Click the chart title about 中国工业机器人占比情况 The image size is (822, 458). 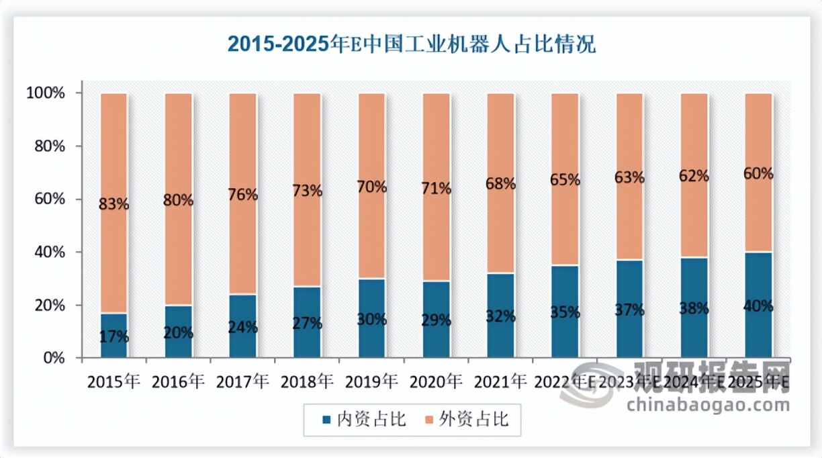411,44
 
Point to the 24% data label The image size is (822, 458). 242,327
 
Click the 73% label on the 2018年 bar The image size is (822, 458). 307,191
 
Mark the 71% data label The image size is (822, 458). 436,189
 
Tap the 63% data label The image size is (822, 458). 629,177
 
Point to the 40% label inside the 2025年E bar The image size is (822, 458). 758,306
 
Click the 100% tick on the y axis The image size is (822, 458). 46,93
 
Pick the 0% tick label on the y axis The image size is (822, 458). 53,358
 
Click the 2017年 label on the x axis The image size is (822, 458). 242,382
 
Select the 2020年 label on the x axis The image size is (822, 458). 436,382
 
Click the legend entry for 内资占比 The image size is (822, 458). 364,420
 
